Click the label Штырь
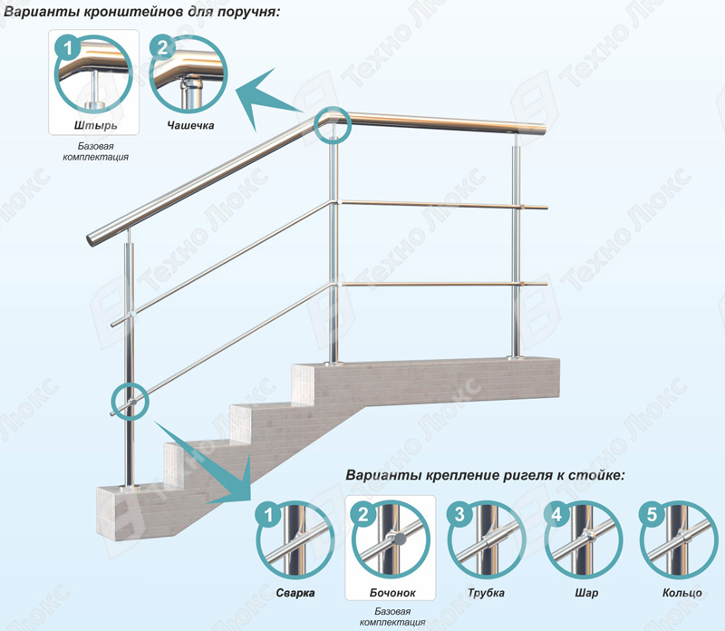click(x=95, y=125)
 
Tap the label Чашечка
click(x=190, y=125)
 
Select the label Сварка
click(x=295, y=593)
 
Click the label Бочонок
click(x=392, y=593)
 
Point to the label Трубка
click(x=486, y=593)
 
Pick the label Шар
click(x=586, y=593)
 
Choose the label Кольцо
click(x=682, y=593)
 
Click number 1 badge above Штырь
click(x=69, y=48)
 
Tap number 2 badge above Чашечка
click(x=162, y=48)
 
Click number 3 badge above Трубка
click(x=459, y=514)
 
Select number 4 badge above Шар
click(x=556, y=514)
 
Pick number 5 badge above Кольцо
click(x=652, y=514)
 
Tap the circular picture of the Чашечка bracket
click(x=188, y=74)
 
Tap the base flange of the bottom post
click(x=130, y=487)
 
